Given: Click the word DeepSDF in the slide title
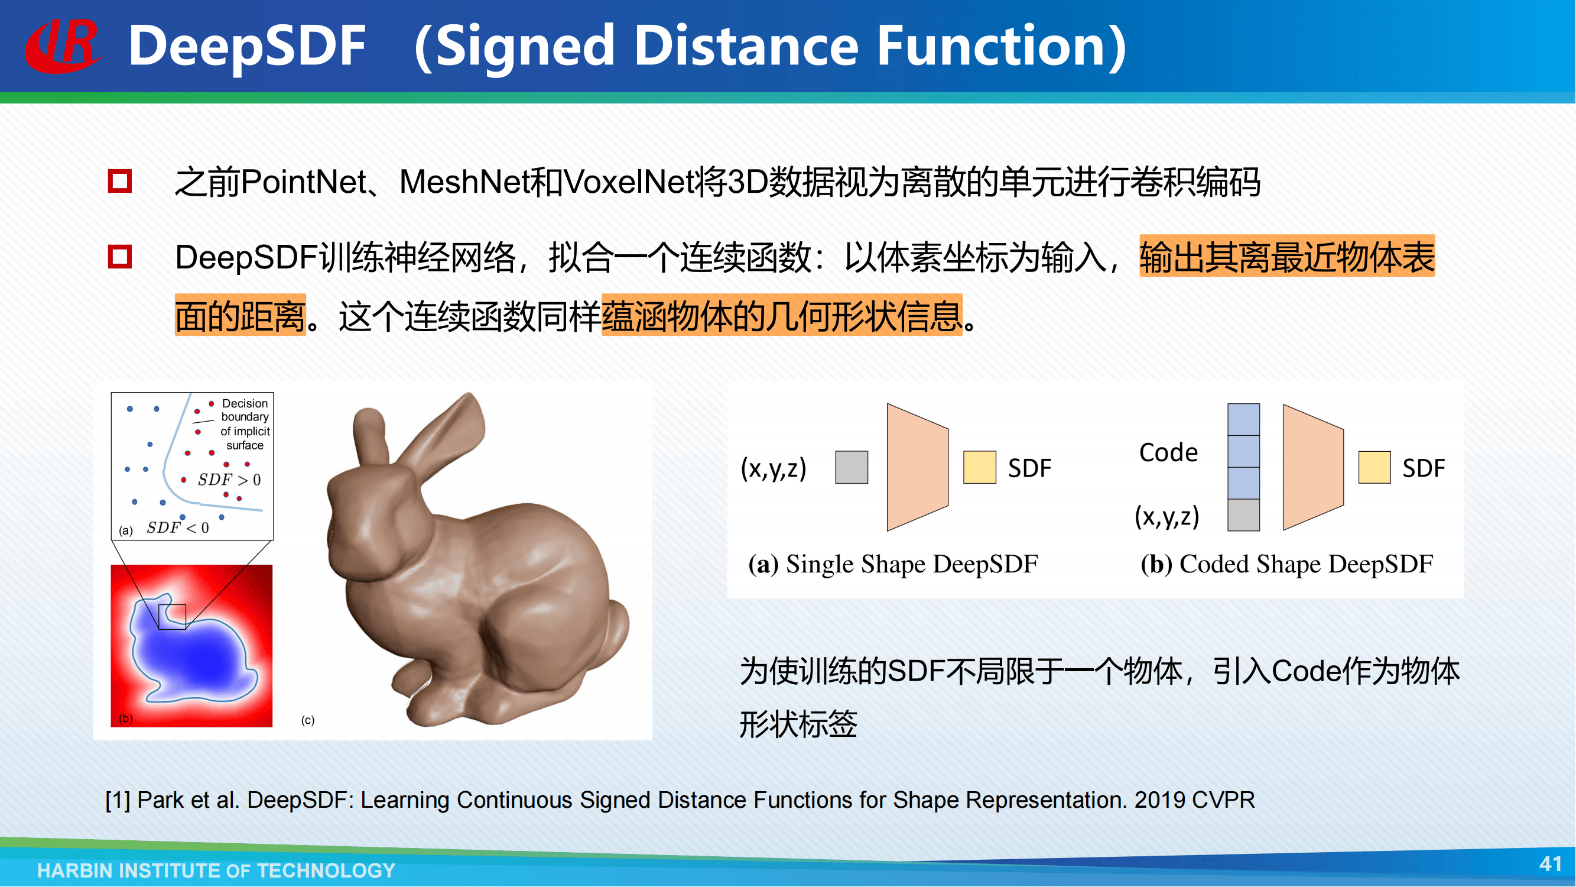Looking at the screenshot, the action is (x=247, y=47).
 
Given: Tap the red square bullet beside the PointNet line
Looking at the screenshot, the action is (x=120, y=181).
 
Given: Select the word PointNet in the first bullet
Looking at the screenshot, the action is (x=304, y=182).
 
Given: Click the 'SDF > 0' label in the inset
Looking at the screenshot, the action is (x=229, y=480).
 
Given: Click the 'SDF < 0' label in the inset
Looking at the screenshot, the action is (x=177, y=527).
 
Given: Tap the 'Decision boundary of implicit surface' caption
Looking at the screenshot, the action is (x=245, y=424).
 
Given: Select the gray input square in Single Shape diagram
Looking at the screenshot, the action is (x=852, y=468).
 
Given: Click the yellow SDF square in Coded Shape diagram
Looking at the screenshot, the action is (x=1374, y=468).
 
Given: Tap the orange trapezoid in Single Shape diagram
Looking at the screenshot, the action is (x=918, y=467).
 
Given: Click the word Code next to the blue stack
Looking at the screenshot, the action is (x=1168, y=452).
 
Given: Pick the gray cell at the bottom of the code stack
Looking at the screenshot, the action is (x=1244, y=515).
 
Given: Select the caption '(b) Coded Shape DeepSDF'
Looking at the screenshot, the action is (x=1286, y=564).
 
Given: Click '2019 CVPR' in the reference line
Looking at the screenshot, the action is (x=1194, y=800).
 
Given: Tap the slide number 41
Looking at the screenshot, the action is (x=1549, y=864).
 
